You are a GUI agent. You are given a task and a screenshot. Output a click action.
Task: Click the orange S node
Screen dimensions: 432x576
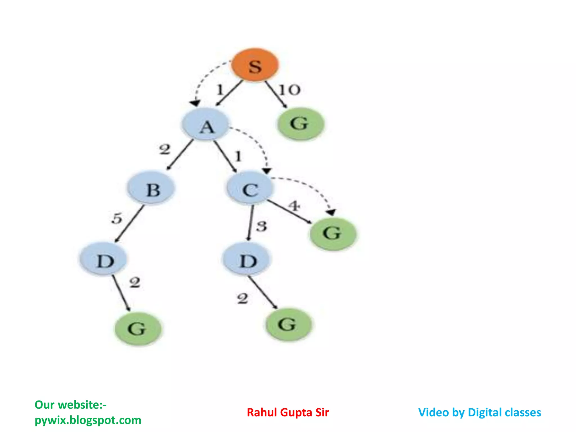click(255, 65)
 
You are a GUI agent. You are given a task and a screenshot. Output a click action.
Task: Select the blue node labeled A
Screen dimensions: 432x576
click(206, 125)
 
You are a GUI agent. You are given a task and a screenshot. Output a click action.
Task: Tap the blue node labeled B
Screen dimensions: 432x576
click(151, 188)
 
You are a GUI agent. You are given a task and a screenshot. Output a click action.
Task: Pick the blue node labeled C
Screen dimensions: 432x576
click(250, 188)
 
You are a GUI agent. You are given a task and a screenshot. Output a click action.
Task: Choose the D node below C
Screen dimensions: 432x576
click(247, 259)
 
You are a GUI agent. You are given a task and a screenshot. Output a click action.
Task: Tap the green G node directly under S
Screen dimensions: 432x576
click(300, 124)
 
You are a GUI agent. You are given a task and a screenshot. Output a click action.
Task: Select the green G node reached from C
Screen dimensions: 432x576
click(333, 233)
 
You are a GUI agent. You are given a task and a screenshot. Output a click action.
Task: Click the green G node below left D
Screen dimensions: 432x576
click(138, 328)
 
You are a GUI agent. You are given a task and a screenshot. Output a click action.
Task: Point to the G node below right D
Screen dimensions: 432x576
click(289, 325)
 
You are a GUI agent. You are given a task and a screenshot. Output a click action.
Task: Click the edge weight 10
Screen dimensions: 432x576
click(290, 90)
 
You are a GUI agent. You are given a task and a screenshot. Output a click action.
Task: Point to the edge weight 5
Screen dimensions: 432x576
click(117, 218)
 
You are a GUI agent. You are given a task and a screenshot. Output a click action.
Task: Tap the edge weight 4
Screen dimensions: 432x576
click(294, 206)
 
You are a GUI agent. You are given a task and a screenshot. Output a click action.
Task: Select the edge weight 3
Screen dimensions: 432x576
click(262, 226)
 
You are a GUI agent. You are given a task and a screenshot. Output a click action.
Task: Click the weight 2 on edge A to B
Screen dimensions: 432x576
click(165, 149)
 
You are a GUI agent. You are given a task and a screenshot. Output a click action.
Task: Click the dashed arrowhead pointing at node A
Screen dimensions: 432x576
click(195, 103)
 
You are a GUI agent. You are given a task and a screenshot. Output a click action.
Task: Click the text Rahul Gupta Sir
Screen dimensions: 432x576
click(288, 413)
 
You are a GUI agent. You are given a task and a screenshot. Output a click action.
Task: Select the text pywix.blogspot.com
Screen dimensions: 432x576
click(88, 420)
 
